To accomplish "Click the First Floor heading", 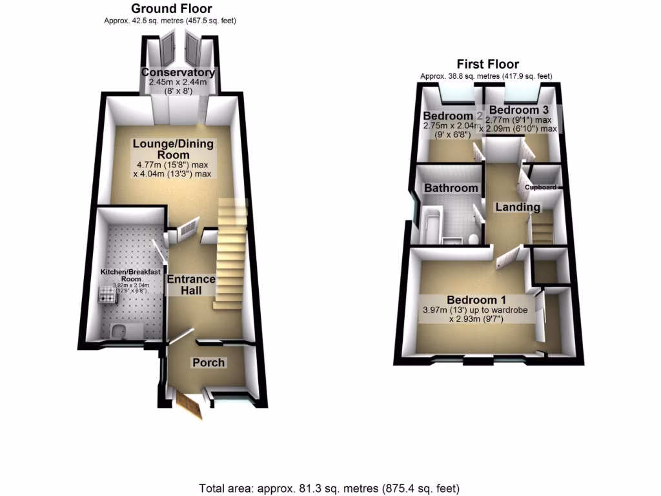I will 487,64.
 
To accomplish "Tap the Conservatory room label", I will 178,72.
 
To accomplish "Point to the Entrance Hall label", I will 191,285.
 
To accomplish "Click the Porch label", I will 208,362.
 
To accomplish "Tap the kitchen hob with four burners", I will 106,296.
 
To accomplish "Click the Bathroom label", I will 451,188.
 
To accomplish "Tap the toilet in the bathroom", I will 473,240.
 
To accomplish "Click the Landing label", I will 518,207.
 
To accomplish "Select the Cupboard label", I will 540,187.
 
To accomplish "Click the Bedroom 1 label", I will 476,300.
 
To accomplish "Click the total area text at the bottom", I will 330,488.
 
